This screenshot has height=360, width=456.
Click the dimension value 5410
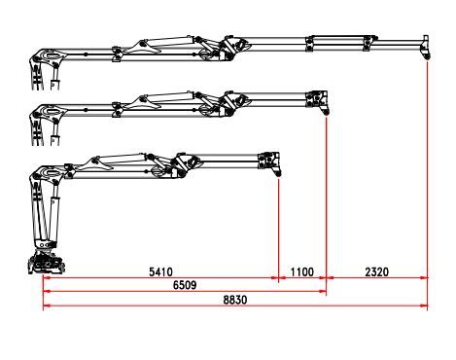point(160,271)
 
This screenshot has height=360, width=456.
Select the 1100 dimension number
point(302,271)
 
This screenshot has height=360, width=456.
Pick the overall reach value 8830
point(234,300)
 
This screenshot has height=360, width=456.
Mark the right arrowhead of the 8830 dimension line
point(425,307)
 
